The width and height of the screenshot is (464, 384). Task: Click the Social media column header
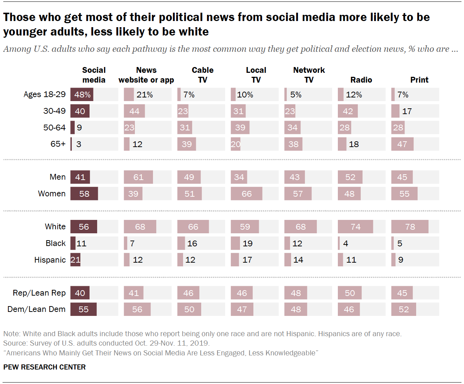(x=94, y=75)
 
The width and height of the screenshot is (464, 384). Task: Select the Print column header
(x=419, y=80)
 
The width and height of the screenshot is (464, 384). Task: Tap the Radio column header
(x=361, y=80)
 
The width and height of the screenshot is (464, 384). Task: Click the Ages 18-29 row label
(x=44, y=95)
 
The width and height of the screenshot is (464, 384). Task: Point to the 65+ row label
(x=58, y=144)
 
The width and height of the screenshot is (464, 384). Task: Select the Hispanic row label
(x=50, y=260)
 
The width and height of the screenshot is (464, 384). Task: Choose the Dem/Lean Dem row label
(x=37, y=309)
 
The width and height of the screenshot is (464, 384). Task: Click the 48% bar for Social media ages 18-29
(x=82, y=95)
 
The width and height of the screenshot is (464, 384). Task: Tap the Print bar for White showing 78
(x=410, y=227)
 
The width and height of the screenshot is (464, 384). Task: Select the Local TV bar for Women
(x=246, y=194)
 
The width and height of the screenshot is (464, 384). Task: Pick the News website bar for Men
(x=138, y=177)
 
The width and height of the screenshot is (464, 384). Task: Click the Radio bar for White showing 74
(x=355, y=227)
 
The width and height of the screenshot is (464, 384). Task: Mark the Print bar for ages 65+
(x=402, y=144)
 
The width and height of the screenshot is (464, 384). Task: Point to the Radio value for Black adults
(x=345, y=243)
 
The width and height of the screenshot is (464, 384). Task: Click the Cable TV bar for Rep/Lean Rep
(x=188, y=293)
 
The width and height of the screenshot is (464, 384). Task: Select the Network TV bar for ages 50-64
(x=292, y=128)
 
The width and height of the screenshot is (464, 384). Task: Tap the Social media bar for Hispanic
(x=75, y=260)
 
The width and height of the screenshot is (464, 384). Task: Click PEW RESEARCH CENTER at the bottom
(x=45, y=367)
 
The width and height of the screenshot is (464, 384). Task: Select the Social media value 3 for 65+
(x=79, y=144)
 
